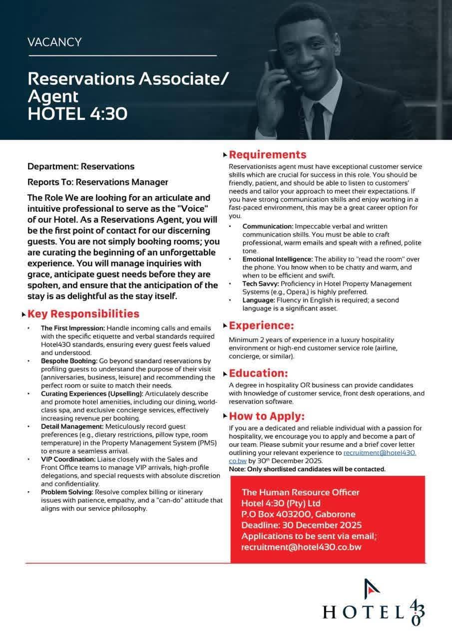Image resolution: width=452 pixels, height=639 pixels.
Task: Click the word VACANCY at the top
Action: pyautogui.click(x=54, y=42)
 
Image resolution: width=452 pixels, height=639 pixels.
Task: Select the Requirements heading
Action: pyautogui.click(x=267, y=154)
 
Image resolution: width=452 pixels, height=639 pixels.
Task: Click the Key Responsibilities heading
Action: pyautogui.click(x=83, y=314)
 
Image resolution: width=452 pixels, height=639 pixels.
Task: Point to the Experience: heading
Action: pyautogui.click(x=261, y=326)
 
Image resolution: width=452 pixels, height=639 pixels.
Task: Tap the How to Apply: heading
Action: pyautogui.click(x=266, y=416)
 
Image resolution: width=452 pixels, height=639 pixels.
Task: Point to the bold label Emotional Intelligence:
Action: pyautogui.click(x=277, y=259)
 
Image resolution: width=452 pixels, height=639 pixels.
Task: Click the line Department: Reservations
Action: pyautogui.click(x=81, y=166)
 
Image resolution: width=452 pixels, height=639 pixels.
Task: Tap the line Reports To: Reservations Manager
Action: pyautogui.click(x=98, y=182)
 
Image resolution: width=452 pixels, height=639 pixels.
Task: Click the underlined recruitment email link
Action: pyautogui.click(x=380, y=453)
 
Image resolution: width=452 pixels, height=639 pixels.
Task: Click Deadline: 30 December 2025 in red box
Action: pyautogui.click(x=301, y=525)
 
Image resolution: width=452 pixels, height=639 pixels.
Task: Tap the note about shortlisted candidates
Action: pyautogui.click(x=307, y=469)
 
